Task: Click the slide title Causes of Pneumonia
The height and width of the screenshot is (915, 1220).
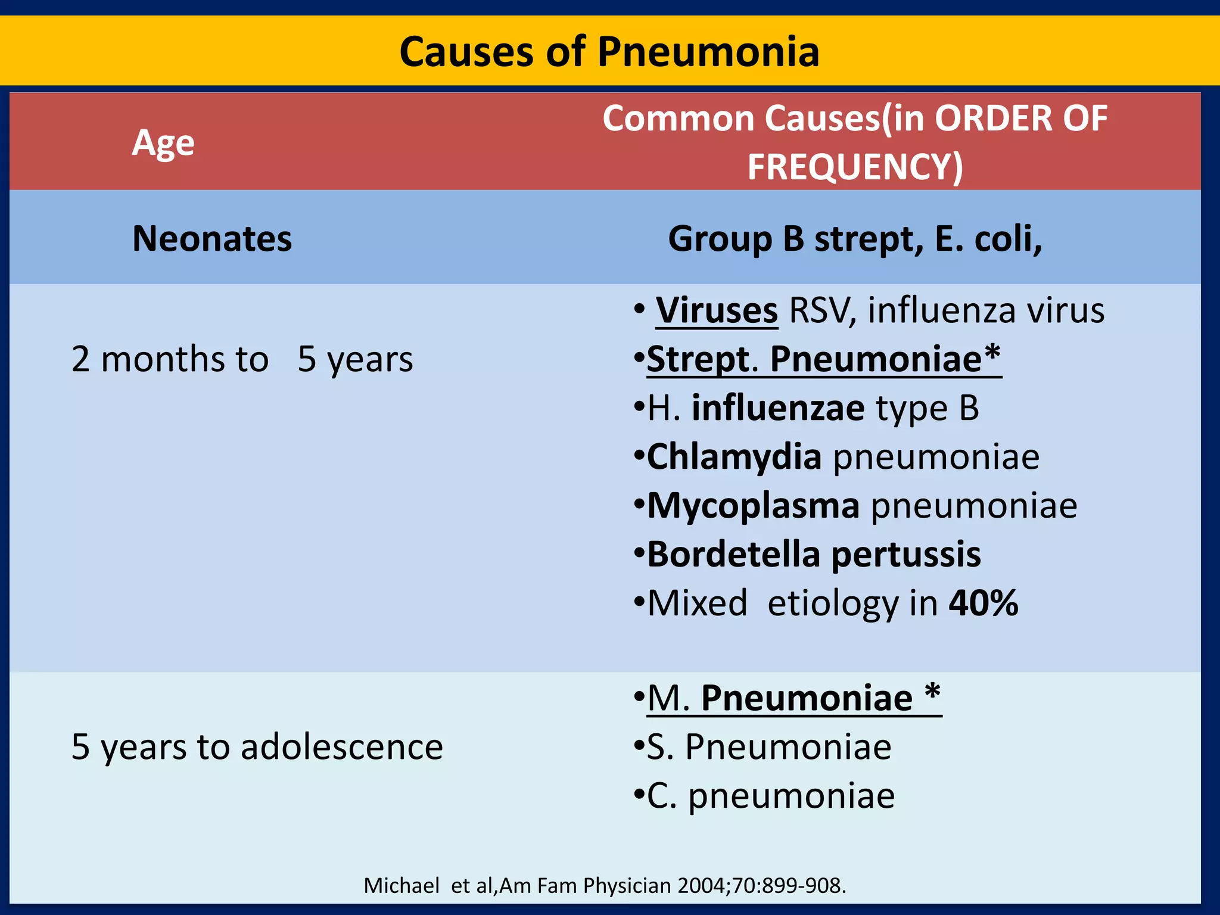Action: (x=609, y=52)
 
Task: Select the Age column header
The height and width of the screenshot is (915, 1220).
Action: (x=163, y=143)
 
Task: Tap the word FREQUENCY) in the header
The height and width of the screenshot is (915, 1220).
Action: (x=855, y=167)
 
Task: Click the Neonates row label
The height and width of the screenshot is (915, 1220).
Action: (x=212, y=239)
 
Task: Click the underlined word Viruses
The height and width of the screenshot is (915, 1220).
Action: (x=717, y=311)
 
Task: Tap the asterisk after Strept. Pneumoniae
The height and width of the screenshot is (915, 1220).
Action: (x=992, y=355)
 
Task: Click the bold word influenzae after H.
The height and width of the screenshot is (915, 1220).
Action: (x=778, y=409)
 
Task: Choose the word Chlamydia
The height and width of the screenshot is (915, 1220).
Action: (x=734, y=457)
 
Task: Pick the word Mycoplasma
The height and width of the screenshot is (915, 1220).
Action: (x=754, y=506)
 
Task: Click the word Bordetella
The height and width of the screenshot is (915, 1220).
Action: (x=733, y=555)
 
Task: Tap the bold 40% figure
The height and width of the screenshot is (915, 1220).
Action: (x=984, y=603)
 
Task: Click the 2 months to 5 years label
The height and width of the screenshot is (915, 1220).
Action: (x=242, y=359)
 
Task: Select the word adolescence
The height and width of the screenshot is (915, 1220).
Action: (x=342, y=747)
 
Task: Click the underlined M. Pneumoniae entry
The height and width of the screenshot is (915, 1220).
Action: (x=792, y=698)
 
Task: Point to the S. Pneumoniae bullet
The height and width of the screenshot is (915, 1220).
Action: (x=768, y=747)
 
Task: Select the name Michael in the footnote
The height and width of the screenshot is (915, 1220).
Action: (x=402, y=886)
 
